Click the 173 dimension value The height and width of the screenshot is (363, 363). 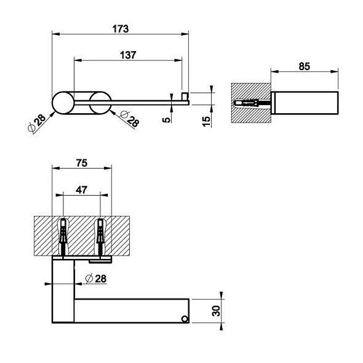tap(121, 29)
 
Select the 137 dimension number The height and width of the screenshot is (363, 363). tap(128, 55)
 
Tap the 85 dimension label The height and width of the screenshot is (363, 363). tap(304, 66)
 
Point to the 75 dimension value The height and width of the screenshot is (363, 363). tap(82, 163)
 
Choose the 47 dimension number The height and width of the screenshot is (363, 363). tap(81, 190)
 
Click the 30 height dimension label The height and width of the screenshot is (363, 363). tap(216, 311)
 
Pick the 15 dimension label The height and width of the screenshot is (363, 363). tap(206, 121)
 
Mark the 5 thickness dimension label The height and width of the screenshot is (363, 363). tap(166, 120)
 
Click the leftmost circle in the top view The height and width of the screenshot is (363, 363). tap(63, 103)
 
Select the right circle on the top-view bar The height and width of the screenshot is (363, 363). tap(100, 103)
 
